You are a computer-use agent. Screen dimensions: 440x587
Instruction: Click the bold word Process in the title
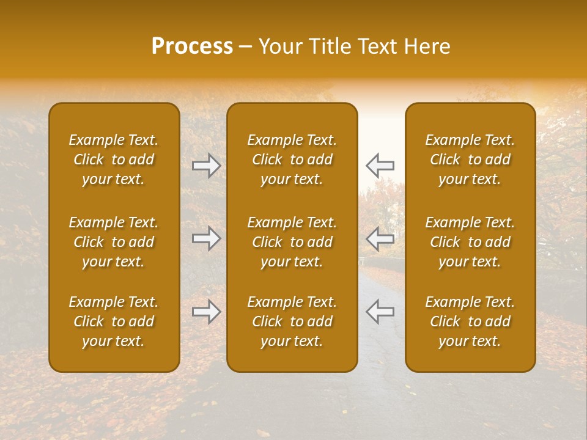(192, 46)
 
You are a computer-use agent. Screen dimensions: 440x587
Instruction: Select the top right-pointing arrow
(206, 166)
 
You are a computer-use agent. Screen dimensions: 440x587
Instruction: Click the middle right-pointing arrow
(206, 238)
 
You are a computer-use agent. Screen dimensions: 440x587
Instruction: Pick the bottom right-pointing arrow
(206, 312)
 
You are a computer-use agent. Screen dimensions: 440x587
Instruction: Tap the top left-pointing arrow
(380, 166)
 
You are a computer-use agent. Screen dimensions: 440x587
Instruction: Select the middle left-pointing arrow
(380, 238)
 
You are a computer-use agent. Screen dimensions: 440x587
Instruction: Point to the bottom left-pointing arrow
(380, 312)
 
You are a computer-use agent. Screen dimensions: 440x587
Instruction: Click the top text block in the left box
(114, 159)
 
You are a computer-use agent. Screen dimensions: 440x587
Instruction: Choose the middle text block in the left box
(114, 242)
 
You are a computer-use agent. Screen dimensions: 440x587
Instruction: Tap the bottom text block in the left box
(114, 321)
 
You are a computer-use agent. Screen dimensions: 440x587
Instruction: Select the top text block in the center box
(292, 159)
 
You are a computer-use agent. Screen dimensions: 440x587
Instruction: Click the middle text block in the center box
(292, 242)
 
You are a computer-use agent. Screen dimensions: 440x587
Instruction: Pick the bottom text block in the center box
(292, 321)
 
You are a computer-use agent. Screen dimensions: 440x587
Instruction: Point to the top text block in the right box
(470, 159)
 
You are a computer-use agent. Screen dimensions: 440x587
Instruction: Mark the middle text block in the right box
(470, 242)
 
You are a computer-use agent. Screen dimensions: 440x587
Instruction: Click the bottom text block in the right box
(470, 321)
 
